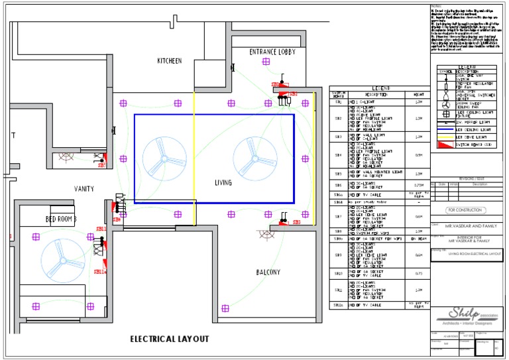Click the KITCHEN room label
pyautogui.click(x=169, y=61)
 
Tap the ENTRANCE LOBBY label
pyautogui.click(x=272, y=52)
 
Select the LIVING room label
pyautogui.click(x=223, y=182)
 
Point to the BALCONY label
pyautogui.click(x=268, y=272)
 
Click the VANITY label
pyautogui.click(x=84, y=189)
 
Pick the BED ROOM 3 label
pyautogui.click(x=61, y=219)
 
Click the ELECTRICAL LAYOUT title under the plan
pyautogui.click(x=170, y=339)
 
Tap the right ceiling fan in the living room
pyautogui.click(x=252, y=158)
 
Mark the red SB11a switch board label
pyautogui.click(x=100, y=271)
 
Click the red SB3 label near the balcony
pyautogui.click(x=296, y=223)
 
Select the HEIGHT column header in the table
pyautogui.click(x=418, y=95)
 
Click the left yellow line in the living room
pyautogui.click(x=194, y=159)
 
